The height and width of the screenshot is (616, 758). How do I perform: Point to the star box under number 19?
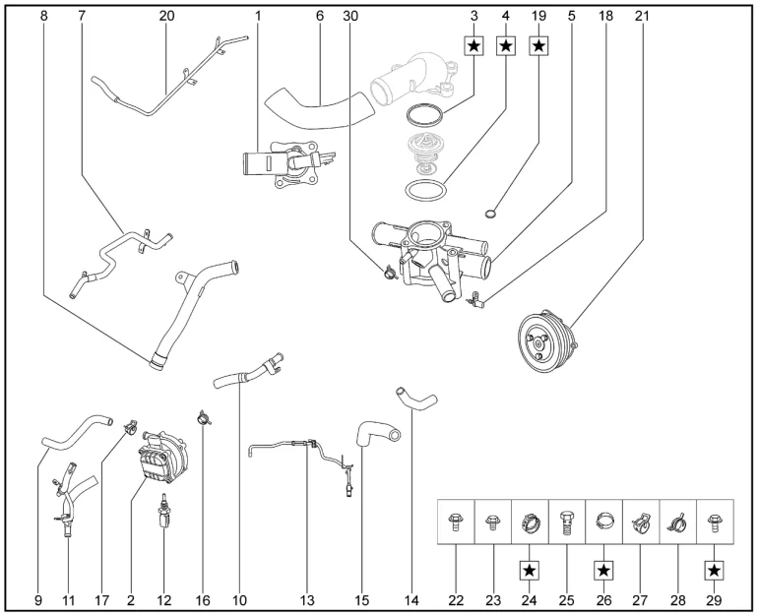(x=539, y=45)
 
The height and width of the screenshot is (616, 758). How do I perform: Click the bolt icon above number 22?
(x=455, y=519)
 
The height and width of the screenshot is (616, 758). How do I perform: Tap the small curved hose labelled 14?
(x=416, y=400)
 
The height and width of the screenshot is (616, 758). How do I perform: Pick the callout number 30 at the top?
(x=351, y=16)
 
